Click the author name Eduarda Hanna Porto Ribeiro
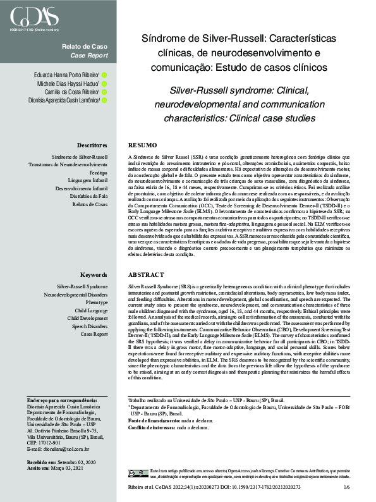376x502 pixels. coord(66,75)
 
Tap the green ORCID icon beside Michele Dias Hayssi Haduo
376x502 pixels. coord(105,83)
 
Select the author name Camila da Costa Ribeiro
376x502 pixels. coord(71,92)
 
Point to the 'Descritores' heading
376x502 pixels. coord(92,145)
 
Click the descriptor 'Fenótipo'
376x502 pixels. coord(99,172)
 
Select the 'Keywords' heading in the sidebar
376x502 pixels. coord(94,276)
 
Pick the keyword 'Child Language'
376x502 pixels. coord(92,311)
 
